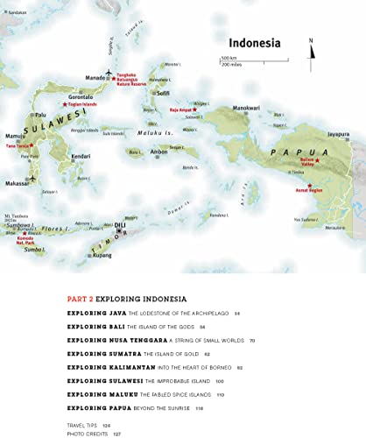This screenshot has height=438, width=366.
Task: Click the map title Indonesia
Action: (254, 43)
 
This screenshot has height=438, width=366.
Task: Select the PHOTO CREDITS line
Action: (89, 432)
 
